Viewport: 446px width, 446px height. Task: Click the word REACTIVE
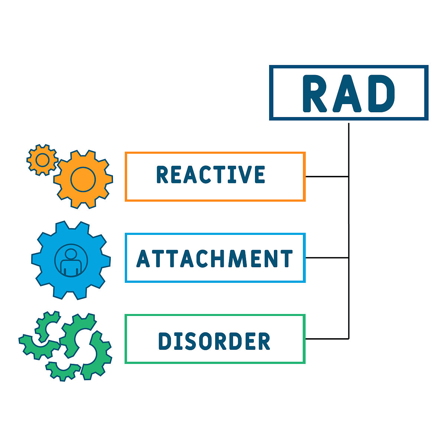click(211, 175)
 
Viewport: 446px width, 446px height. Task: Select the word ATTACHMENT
click(215, 259)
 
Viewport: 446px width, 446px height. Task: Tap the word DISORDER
click(214, 341)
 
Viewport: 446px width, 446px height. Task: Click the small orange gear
click(42, 160)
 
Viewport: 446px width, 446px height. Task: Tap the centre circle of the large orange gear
click(83, 179)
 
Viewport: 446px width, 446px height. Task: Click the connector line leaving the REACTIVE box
click(326, 176)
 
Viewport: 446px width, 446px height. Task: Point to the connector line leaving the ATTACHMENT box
click(326, 258)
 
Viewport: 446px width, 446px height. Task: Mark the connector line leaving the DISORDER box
click(326, 339)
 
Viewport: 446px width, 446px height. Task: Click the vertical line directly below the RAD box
click(349, 149)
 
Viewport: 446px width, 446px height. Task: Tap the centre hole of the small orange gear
click(42, 160)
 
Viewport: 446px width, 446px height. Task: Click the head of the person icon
click(71, 254)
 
